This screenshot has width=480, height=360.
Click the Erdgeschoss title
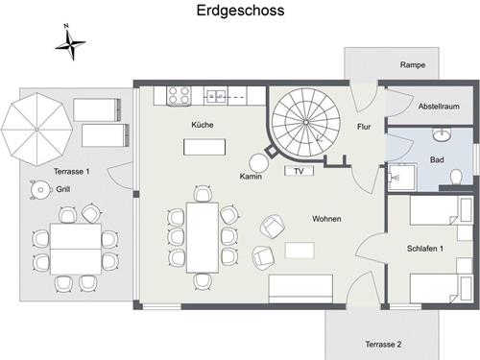[x=240, y=12]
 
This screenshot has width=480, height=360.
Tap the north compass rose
[x=69, y=41]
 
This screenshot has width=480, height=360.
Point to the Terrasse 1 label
[x=72, y=172]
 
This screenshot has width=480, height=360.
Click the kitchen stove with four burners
[x=179, y=95]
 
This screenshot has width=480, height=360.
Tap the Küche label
[x=203, y=125]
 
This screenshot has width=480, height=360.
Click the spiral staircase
[x=305, y=123]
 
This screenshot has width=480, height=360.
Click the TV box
[x=299, y=172]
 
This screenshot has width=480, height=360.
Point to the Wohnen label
[x=326, y=219]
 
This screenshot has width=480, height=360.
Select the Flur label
[x=364, y=126]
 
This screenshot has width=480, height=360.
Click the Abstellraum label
[x=440, y=107]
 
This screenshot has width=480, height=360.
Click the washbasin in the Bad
[x=443, y=134]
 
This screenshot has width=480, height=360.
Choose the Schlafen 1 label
[x=427, y=249]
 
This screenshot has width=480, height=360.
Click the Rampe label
[x=413, y=65]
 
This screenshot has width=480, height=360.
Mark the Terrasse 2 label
[x=383, y=344]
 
